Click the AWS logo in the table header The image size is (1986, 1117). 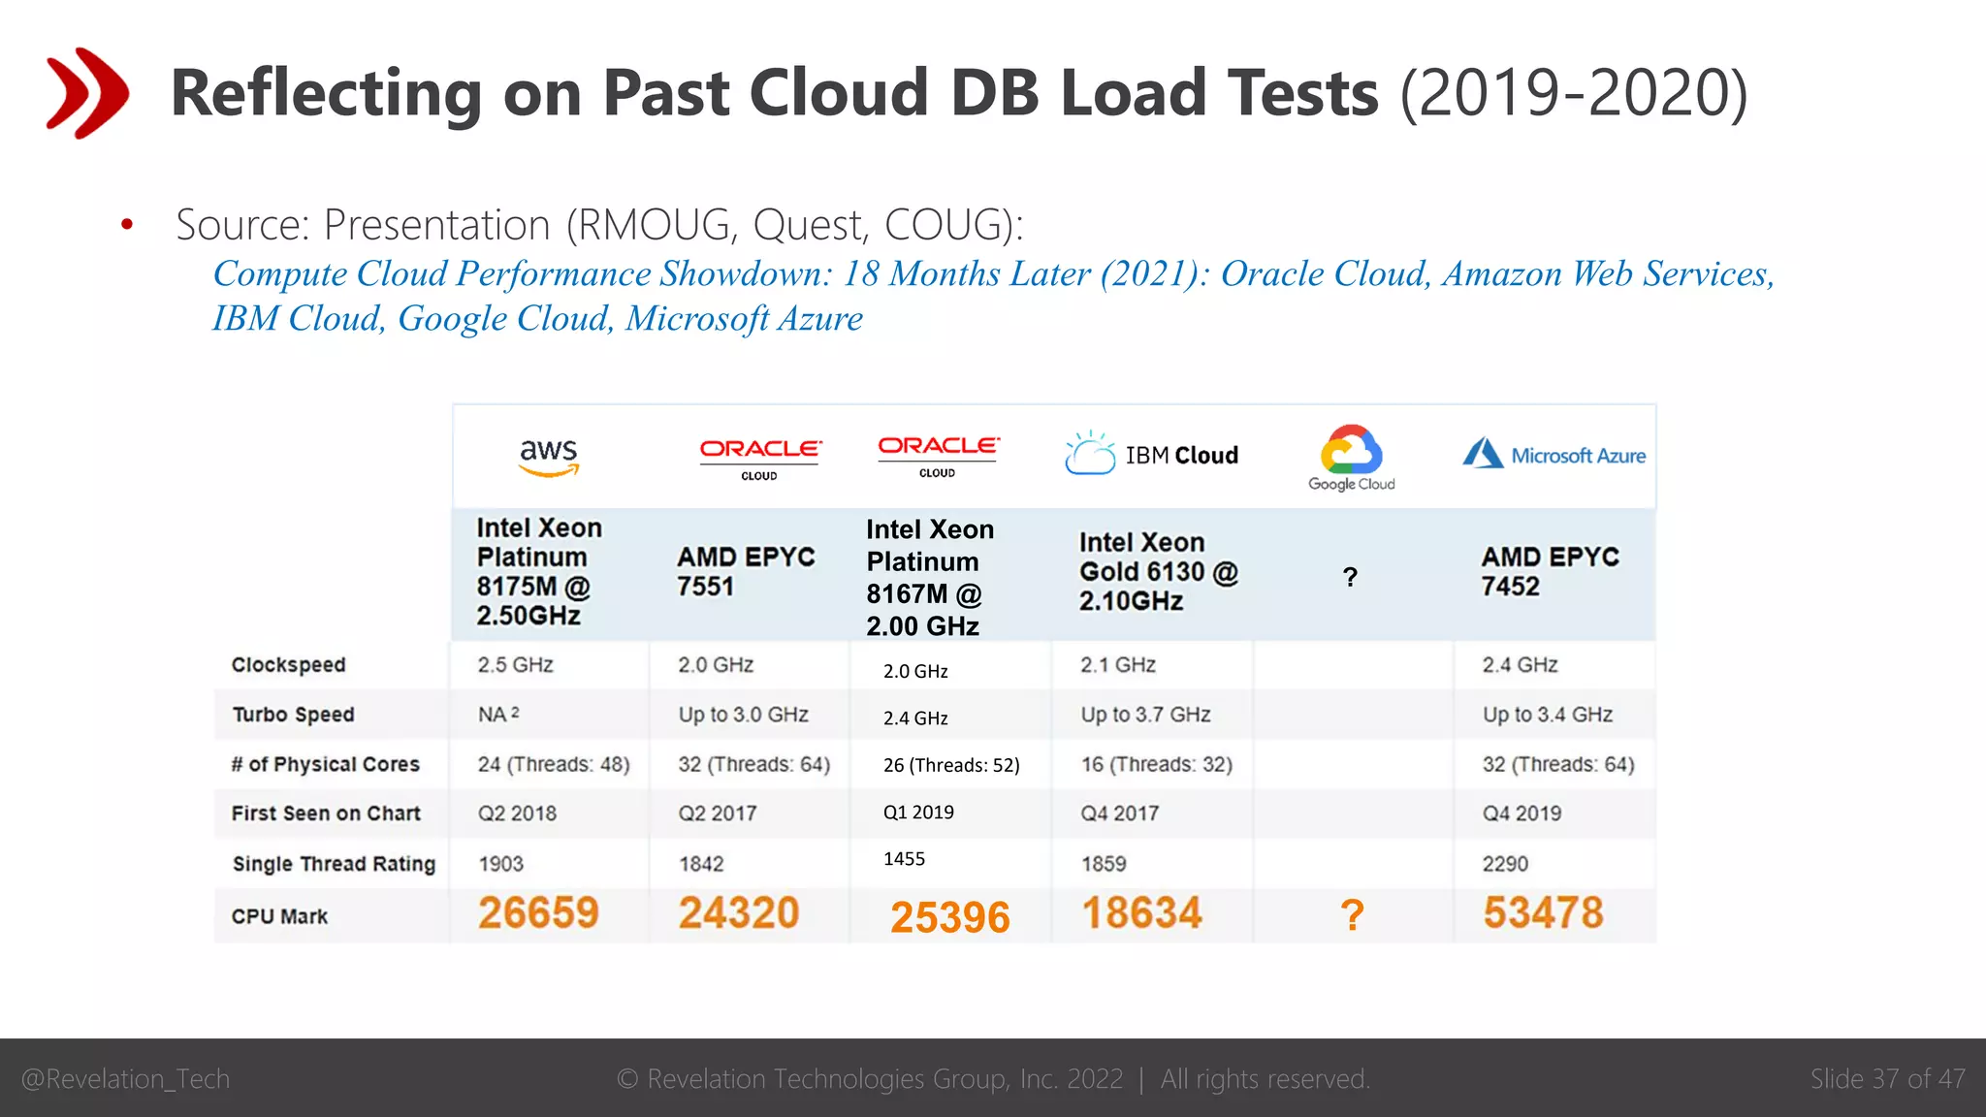coord(549,457)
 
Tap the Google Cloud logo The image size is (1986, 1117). coord(1351,458)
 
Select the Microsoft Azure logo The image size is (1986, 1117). coord(1554,454)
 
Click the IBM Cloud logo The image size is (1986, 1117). coord(1151,454)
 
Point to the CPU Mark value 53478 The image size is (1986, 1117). coord(1543,913)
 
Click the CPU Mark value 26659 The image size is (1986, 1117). coord(538,913)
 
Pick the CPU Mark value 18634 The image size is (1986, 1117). coord(1141,913)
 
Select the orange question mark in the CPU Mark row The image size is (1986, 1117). coord(1352,915)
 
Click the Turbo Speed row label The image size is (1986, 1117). coord(293,715)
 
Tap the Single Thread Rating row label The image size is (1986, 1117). coord(334,863)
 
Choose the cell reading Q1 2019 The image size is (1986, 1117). coord(918,813)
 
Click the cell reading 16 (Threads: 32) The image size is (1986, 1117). coord(1157,764)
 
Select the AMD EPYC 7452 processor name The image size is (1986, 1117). coord(1550,571)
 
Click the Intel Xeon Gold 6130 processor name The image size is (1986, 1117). coord(1159,571)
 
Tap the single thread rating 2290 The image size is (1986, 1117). coord(1505,863)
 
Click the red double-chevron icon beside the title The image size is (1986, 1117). coord(87,93)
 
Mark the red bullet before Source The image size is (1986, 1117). coord(127,225)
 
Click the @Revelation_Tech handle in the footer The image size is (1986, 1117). coord(125,1078)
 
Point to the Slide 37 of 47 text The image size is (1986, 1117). coord(1887,1078)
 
